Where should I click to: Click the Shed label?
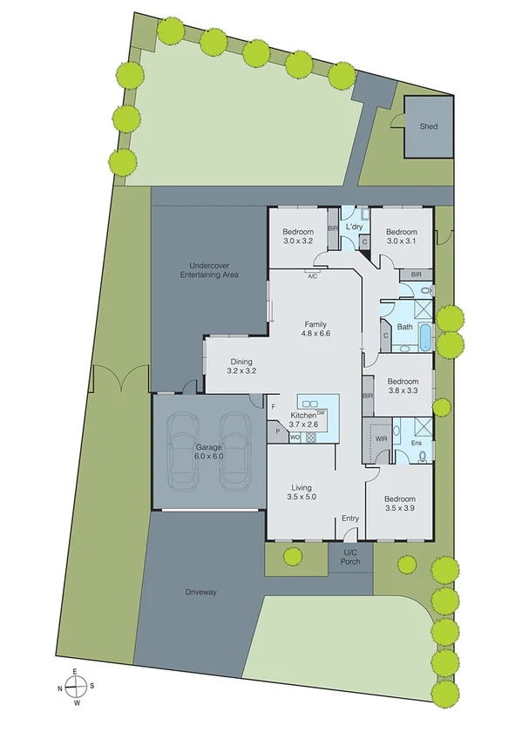click(x=428, y=126)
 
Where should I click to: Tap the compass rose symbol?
click(x=76, y=686)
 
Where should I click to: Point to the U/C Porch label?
click(x=350, y=559)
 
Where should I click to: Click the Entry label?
click(x=350, y=519)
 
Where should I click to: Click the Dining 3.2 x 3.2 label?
click(x=241, y=366)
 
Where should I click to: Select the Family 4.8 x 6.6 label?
click(x=315, y=328)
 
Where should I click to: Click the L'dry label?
click(x=354, y=227)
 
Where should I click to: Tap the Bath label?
click(x=404, y=327)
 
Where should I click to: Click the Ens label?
click(x=416, y=443)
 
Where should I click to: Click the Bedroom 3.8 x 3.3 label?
click(x=403, y=386)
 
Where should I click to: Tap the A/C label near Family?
click(x=311, y=276)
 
